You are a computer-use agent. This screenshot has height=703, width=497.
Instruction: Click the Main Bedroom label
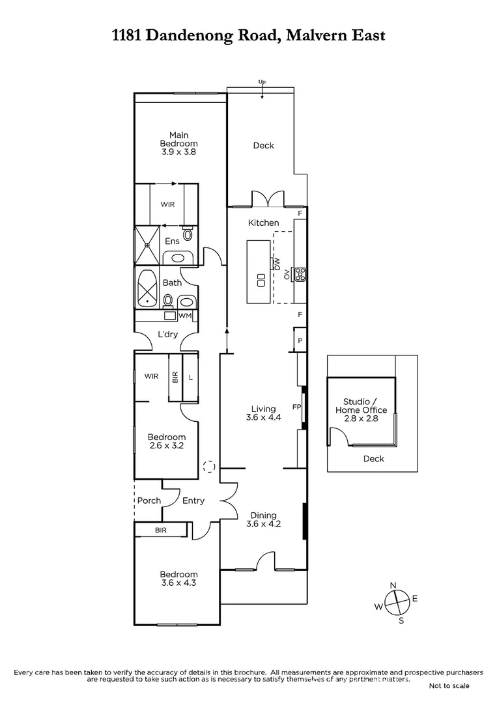click(x=179, y=143)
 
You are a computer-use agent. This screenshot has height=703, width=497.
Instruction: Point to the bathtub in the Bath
click(x=147, y=287)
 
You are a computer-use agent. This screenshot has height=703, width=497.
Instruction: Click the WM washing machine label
click(x=186, y=316)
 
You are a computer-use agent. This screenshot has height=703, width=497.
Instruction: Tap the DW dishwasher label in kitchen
click(x=277, y=264)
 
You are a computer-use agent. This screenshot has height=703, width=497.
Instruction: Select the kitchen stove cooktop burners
click(x=300, y=274)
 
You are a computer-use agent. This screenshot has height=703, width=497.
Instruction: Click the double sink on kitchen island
click(x=261, y=281)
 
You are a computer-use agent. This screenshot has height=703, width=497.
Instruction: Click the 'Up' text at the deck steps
click(x=262, y=82)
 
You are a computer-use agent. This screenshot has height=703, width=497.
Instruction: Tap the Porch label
click(x=149, y=501)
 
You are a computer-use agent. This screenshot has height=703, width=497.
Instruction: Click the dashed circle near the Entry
click(x=209, y=466)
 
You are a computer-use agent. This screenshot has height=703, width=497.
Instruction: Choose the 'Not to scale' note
click(x=448, y=685)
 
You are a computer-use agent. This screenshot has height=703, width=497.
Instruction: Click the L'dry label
click(x=168, y=335)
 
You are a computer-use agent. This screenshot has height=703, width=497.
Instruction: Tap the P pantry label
click(x=300, y=340)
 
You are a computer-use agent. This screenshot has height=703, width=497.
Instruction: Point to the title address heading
click(x=248, y=34)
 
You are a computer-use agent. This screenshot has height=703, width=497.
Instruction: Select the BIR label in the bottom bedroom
click(x=161, y=531)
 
